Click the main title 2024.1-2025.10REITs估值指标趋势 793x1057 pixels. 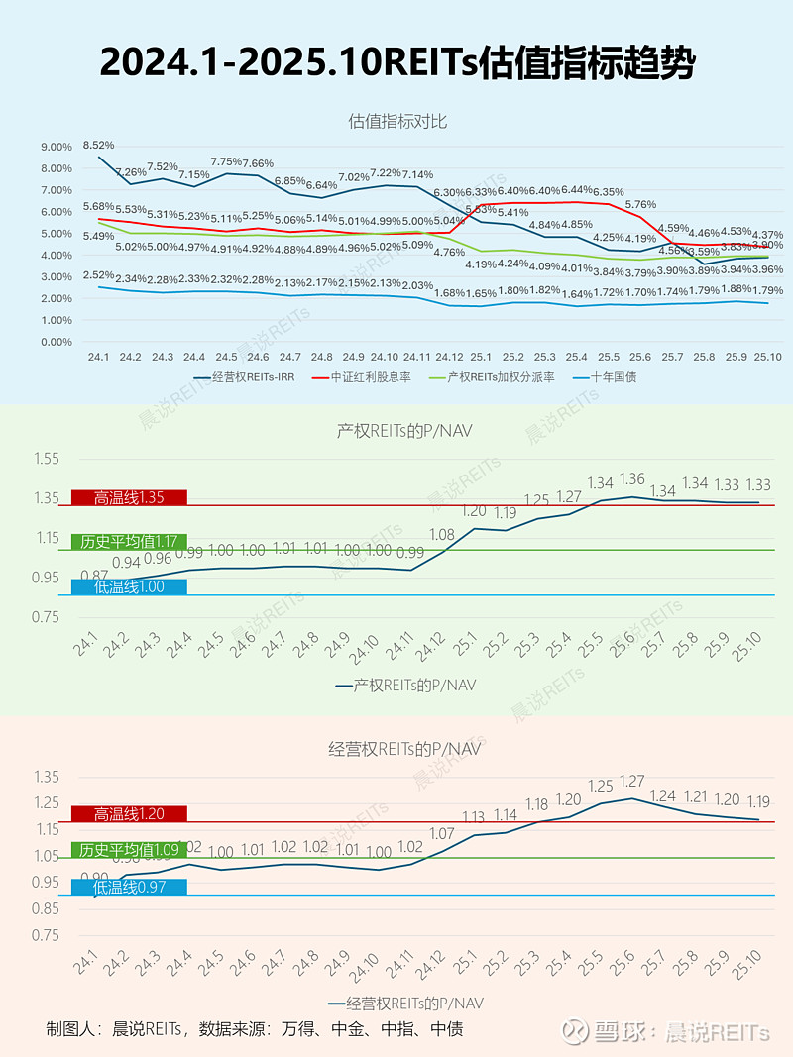[x=396, y=62]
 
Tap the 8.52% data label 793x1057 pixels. [x=98, y=145]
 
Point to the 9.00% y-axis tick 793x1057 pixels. [x=57, y=147]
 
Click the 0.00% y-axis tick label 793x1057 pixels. [x=57, y=342]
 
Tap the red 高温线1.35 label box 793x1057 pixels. [x=129, y=498]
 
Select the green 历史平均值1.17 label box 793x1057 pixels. [x=129, y=542]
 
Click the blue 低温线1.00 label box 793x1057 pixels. [x=129, y=586]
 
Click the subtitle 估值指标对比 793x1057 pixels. [x=397, y=121]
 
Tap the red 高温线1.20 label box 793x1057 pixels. [x=129, y=813]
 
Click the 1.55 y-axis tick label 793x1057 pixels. [x=47, y=459]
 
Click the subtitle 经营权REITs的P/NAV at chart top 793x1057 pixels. [x=397, y=748]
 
